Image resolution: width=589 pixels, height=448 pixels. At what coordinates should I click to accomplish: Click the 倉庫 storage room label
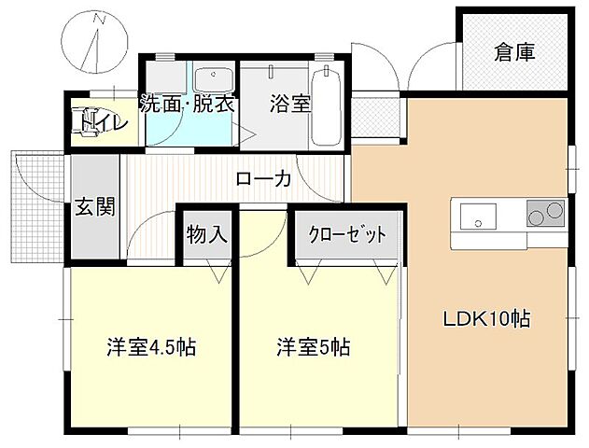tap(515, 52)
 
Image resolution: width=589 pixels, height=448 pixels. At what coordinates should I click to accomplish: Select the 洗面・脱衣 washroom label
tap(187, 104)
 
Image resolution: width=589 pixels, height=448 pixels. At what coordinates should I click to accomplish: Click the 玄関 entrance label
tap(94, 206)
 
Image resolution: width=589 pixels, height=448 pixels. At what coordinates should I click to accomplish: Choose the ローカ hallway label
tap(263, 178)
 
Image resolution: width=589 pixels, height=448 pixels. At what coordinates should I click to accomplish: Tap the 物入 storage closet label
tap(206, 234)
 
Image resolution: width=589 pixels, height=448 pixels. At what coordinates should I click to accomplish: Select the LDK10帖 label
tap(485, 318)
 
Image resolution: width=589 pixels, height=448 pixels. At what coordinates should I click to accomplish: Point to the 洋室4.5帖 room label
tap(149, 348)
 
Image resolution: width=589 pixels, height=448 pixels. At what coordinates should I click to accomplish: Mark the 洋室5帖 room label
tap(313, 348)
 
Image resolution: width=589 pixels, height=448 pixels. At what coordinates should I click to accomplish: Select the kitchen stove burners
tap(545, 214)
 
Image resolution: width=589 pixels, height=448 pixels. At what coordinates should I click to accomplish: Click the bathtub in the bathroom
tap(326, 112)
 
